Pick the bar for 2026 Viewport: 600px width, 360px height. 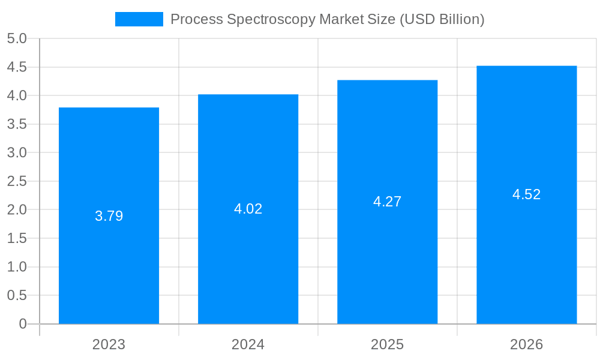526,252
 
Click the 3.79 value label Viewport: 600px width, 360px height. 109,216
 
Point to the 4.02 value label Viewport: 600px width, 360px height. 248,209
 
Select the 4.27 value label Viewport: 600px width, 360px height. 387,202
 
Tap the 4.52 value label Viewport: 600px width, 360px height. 526,194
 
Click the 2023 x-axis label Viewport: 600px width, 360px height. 109,344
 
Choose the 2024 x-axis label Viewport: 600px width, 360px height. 248,344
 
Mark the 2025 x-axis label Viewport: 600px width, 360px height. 387,344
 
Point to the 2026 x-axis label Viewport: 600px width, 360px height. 526,344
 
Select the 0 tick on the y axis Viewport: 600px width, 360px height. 23,324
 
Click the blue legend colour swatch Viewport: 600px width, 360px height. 139,19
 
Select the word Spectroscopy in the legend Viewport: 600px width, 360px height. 271,19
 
